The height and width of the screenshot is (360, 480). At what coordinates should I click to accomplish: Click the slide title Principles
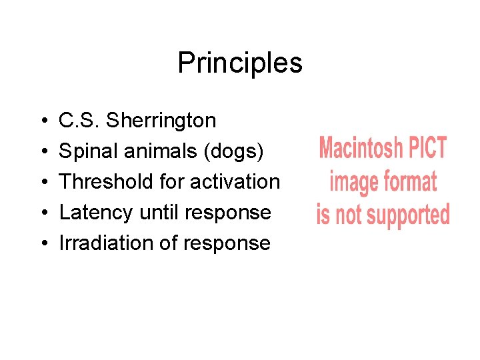coord(240,63)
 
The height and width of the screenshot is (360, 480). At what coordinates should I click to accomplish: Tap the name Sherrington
coord(161,121)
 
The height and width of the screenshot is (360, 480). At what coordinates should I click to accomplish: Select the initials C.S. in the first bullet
coord(80,121)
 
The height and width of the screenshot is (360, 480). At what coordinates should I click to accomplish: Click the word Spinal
coord(87,151)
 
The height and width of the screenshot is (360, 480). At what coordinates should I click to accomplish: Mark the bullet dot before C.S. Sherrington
coord(43,121)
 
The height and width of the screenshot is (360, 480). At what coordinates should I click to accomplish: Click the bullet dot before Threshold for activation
coord(43,182)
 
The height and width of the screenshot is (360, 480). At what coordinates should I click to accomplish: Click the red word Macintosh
coord(360,148)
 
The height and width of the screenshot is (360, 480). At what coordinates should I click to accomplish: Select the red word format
coord(407,181)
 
